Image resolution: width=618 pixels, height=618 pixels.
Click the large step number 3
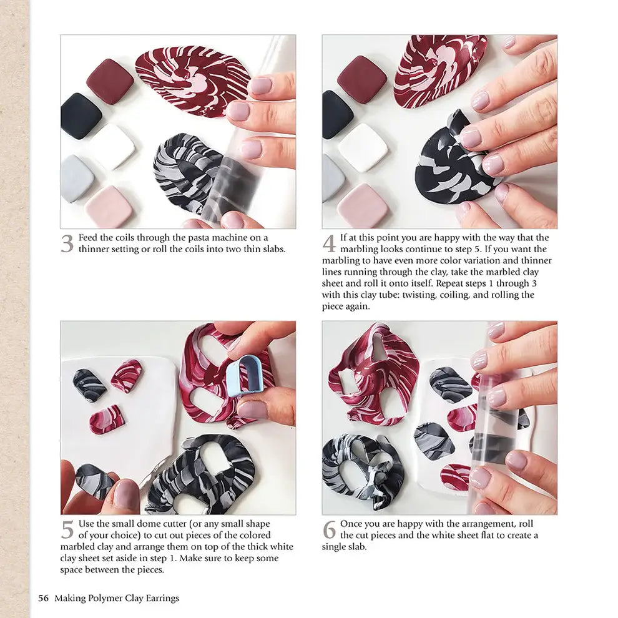[67, 243]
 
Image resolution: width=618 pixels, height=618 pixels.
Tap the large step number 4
[329, 243]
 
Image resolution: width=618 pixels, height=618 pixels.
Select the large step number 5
[67, 529]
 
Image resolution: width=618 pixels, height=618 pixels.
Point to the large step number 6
[329, 529]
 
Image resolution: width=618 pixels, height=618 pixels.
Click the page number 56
[43, 598]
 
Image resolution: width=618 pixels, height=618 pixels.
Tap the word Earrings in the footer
[159, 598]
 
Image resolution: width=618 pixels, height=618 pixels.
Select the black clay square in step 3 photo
[81, 115]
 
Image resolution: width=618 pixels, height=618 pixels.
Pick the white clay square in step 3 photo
[112, 146]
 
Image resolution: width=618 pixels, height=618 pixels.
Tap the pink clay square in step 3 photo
[109, 205]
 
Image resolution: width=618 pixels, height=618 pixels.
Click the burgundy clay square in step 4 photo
[362, 79]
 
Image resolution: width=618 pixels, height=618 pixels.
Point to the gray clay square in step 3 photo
[77, 178]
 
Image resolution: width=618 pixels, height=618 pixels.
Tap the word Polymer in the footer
[102, 598]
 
